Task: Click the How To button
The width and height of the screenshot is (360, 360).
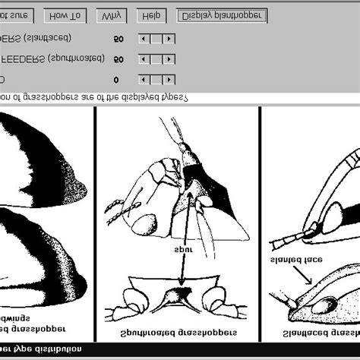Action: pyautogui.click(x=67, y=15)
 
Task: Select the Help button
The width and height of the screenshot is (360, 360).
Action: pyautogui.click(x=151, y=15)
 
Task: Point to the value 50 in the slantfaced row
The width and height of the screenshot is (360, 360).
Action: pyautogui.click(x=118, y=37)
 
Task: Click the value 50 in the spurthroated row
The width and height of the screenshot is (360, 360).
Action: pyautogui.click(x=118, y=58)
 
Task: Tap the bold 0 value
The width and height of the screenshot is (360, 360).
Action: pyautogui.click(x=116, y=79)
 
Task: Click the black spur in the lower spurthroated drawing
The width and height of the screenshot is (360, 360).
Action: pyautogui.click(x=182, y=295)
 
